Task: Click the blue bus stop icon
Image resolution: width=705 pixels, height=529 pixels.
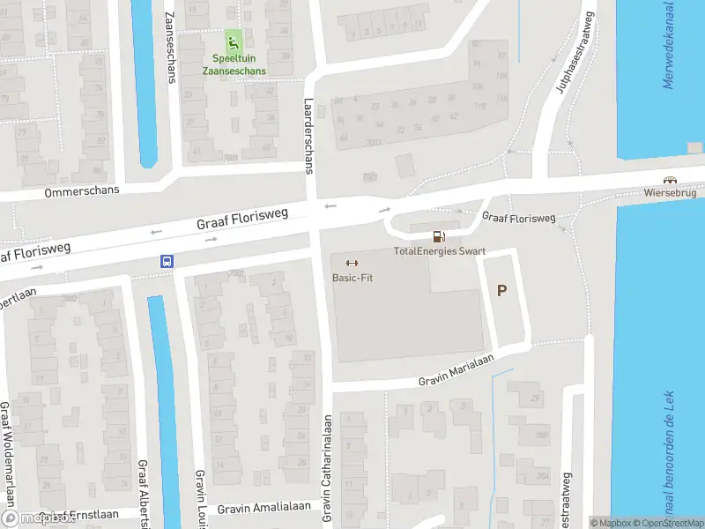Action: coord(167,261)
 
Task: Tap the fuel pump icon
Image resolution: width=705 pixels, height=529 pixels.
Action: coord(438,236)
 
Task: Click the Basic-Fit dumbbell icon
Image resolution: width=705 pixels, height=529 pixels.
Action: coord(351,263)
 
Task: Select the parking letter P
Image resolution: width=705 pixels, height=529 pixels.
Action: coord(502,291)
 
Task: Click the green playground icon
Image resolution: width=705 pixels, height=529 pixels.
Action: coord(234,41)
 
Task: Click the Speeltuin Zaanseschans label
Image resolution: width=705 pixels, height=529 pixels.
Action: coord(234,64)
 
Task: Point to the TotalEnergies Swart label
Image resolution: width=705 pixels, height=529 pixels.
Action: coord(439,251)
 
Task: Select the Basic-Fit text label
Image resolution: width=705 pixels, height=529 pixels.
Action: coord(351,278)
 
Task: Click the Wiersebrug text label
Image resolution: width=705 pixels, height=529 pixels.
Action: coord(670,191)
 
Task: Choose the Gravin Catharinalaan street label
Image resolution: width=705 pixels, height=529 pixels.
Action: coord(327,467)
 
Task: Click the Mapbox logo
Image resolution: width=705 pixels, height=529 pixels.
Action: coord(37,518)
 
